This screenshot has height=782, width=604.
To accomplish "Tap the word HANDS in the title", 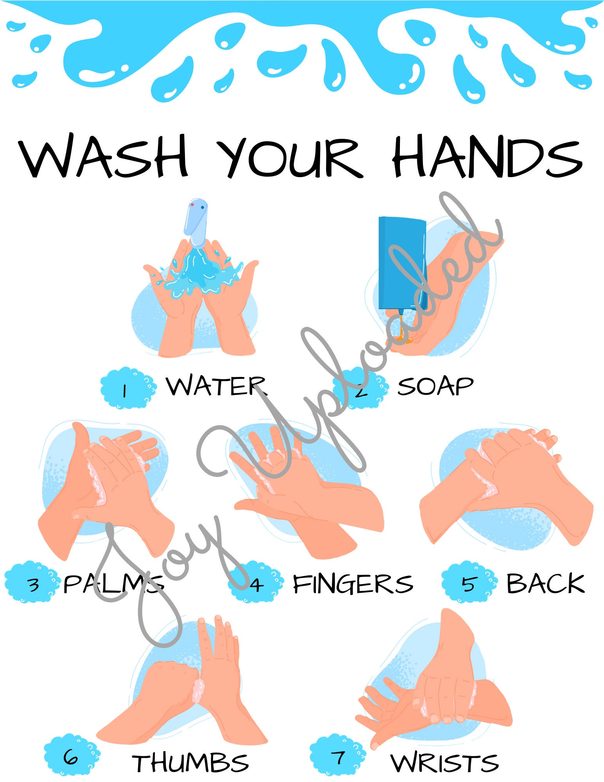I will point(487,156).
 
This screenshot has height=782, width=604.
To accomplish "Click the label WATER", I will point(216,386).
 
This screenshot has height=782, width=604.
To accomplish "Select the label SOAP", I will point(435,387).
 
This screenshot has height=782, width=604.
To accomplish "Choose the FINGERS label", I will point(353,584).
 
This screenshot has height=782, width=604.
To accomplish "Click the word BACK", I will point(545,584).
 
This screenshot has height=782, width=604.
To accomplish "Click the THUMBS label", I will point(190,763).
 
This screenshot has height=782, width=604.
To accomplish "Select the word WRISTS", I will point(444,763).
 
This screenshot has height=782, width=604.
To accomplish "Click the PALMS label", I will point(113,584).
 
